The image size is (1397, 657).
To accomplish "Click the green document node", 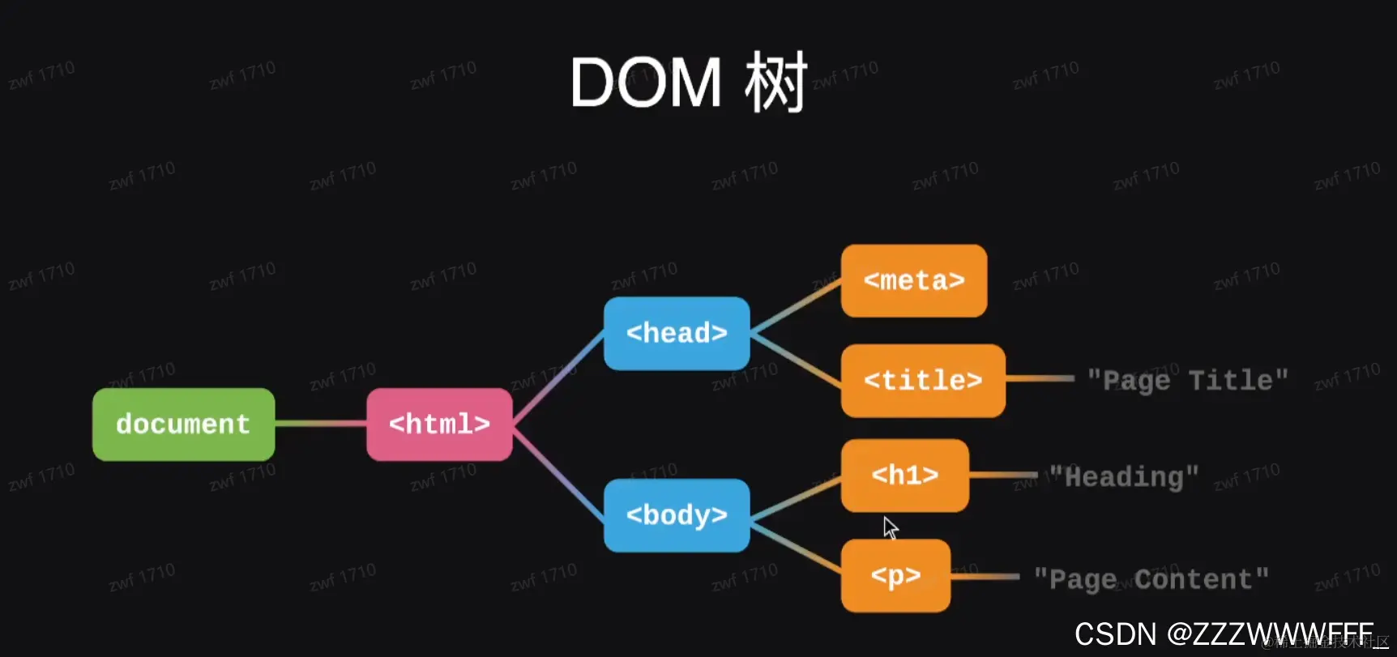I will click(x=183, y=424).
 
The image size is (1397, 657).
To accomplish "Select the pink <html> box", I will click(x=439, y=424).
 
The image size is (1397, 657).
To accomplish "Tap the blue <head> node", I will click(x=677, y=333).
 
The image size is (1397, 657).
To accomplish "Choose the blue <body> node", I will click(x=677, y=515).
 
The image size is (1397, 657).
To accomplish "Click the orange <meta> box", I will click(x=914, y=280).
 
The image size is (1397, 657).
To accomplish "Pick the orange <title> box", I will click(x=923, y=380).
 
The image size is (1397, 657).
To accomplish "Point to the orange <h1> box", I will click(x=904, y=476).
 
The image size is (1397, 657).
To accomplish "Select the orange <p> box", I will click(x=895, y=575).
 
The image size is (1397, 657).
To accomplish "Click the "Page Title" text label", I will click(x=1187, y=380).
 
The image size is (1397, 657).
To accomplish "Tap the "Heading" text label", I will click(x=1124, y=477).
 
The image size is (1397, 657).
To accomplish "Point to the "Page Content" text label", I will click(x=1151, y=579).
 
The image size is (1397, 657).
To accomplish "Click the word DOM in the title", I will click(x=646, y=83).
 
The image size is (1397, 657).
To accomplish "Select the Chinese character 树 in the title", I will click(x=776, y=83).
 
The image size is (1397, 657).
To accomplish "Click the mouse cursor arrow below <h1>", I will click(x=891, y=528).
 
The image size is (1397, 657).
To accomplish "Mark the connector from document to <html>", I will click(x=321, y=423).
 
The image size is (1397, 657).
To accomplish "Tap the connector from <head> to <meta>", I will click(x=796, y=306).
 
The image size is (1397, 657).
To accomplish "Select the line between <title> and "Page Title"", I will click(x=1040, y=378).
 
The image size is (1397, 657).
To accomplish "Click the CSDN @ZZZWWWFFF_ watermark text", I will click(x=1224, y=634).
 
